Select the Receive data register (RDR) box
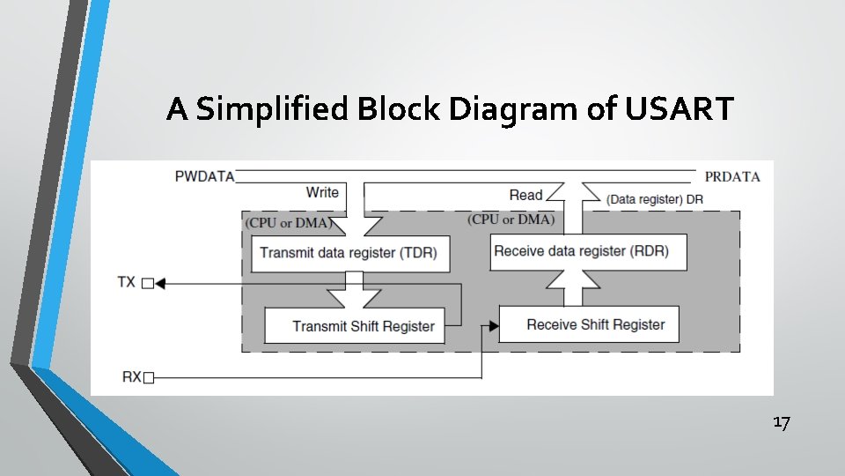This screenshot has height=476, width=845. [x=581, y=251]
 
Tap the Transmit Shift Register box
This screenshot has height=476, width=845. [x=364, y=326]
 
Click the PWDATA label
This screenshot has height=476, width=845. [x=205, y=176]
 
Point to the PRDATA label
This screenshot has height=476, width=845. [x=732, y=176]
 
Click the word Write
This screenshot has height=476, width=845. [x=322, y=192]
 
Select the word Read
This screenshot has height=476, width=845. [x=525, y=195]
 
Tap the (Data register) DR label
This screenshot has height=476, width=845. [x=655, y=199]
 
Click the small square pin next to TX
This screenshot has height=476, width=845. [x=148, y=283]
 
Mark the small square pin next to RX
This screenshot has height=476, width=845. [x=148, y=378]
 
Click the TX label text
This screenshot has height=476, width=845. [x=127, y=282]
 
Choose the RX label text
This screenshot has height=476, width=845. [x=130, y=378]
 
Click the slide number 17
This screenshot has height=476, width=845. [x=782, y=423]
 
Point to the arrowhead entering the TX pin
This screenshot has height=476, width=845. [x=159, y=283]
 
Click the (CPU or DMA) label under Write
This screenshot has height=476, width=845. [x=288, y=223]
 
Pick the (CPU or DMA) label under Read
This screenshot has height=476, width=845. [x=511, y=219]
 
